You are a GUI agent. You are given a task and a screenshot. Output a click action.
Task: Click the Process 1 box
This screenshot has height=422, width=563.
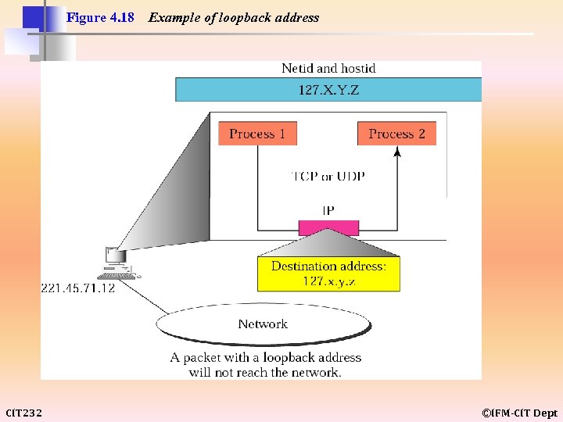coord(257,134)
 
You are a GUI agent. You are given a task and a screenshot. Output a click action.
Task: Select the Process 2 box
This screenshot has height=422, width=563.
coord(396,134)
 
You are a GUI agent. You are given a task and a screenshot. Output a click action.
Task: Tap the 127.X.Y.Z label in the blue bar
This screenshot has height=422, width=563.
coord(328,90)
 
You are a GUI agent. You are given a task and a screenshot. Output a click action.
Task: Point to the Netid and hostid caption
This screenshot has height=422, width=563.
coord(328,69)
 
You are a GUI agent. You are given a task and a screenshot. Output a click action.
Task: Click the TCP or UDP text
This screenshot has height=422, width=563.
coord(328,176)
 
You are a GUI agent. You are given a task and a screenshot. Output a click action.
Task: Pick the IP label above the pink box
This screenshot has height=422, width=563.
coord(328,210)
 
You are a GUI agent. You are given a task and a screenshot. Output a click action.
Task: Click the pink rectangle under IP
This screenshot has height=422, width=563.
coord(328,227)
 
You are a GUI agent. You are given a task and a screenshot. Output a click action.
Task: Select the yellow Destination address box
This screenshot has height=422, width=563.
coord(328,274)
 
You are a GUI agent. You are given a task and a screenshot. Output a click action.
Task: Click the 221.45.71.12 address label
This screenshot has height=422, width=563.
coord(77,288)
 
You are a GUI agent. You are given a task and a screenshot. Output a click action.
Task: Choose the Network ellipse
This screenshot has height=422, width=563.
coord(263,324)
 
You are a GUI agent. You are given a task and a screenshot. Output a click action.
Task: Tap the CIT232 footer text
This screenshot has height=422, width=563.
coord(24,413)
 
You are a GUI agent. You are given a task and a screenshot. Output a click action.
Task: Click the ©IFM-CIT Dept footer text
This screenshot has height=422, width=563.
coord(519,413)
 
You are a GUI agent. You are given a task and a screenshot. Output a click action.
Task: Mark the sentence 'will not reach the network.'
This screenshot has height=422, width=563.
coord(265,372)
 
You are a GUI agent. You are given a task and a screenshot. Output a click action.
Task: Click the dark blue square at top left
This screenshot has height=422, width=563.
coord(33,16)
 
